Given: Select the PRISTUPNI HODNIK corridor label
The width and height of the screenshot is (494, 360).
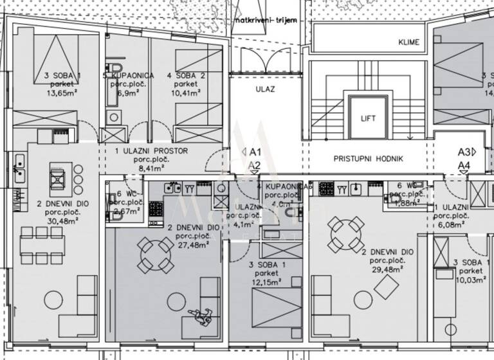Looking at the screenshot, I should click(x=368, y=158).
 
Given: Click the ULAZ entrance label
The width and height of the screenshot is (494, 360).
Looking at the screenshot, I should click(x=265, y=89).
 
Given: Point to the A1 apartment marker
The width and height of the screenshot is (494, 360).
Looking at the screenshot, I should click(x=250, y=153).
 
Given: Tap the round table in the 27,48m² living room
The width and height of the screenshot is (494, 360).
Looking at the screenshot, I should click(x=156, y=255).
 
